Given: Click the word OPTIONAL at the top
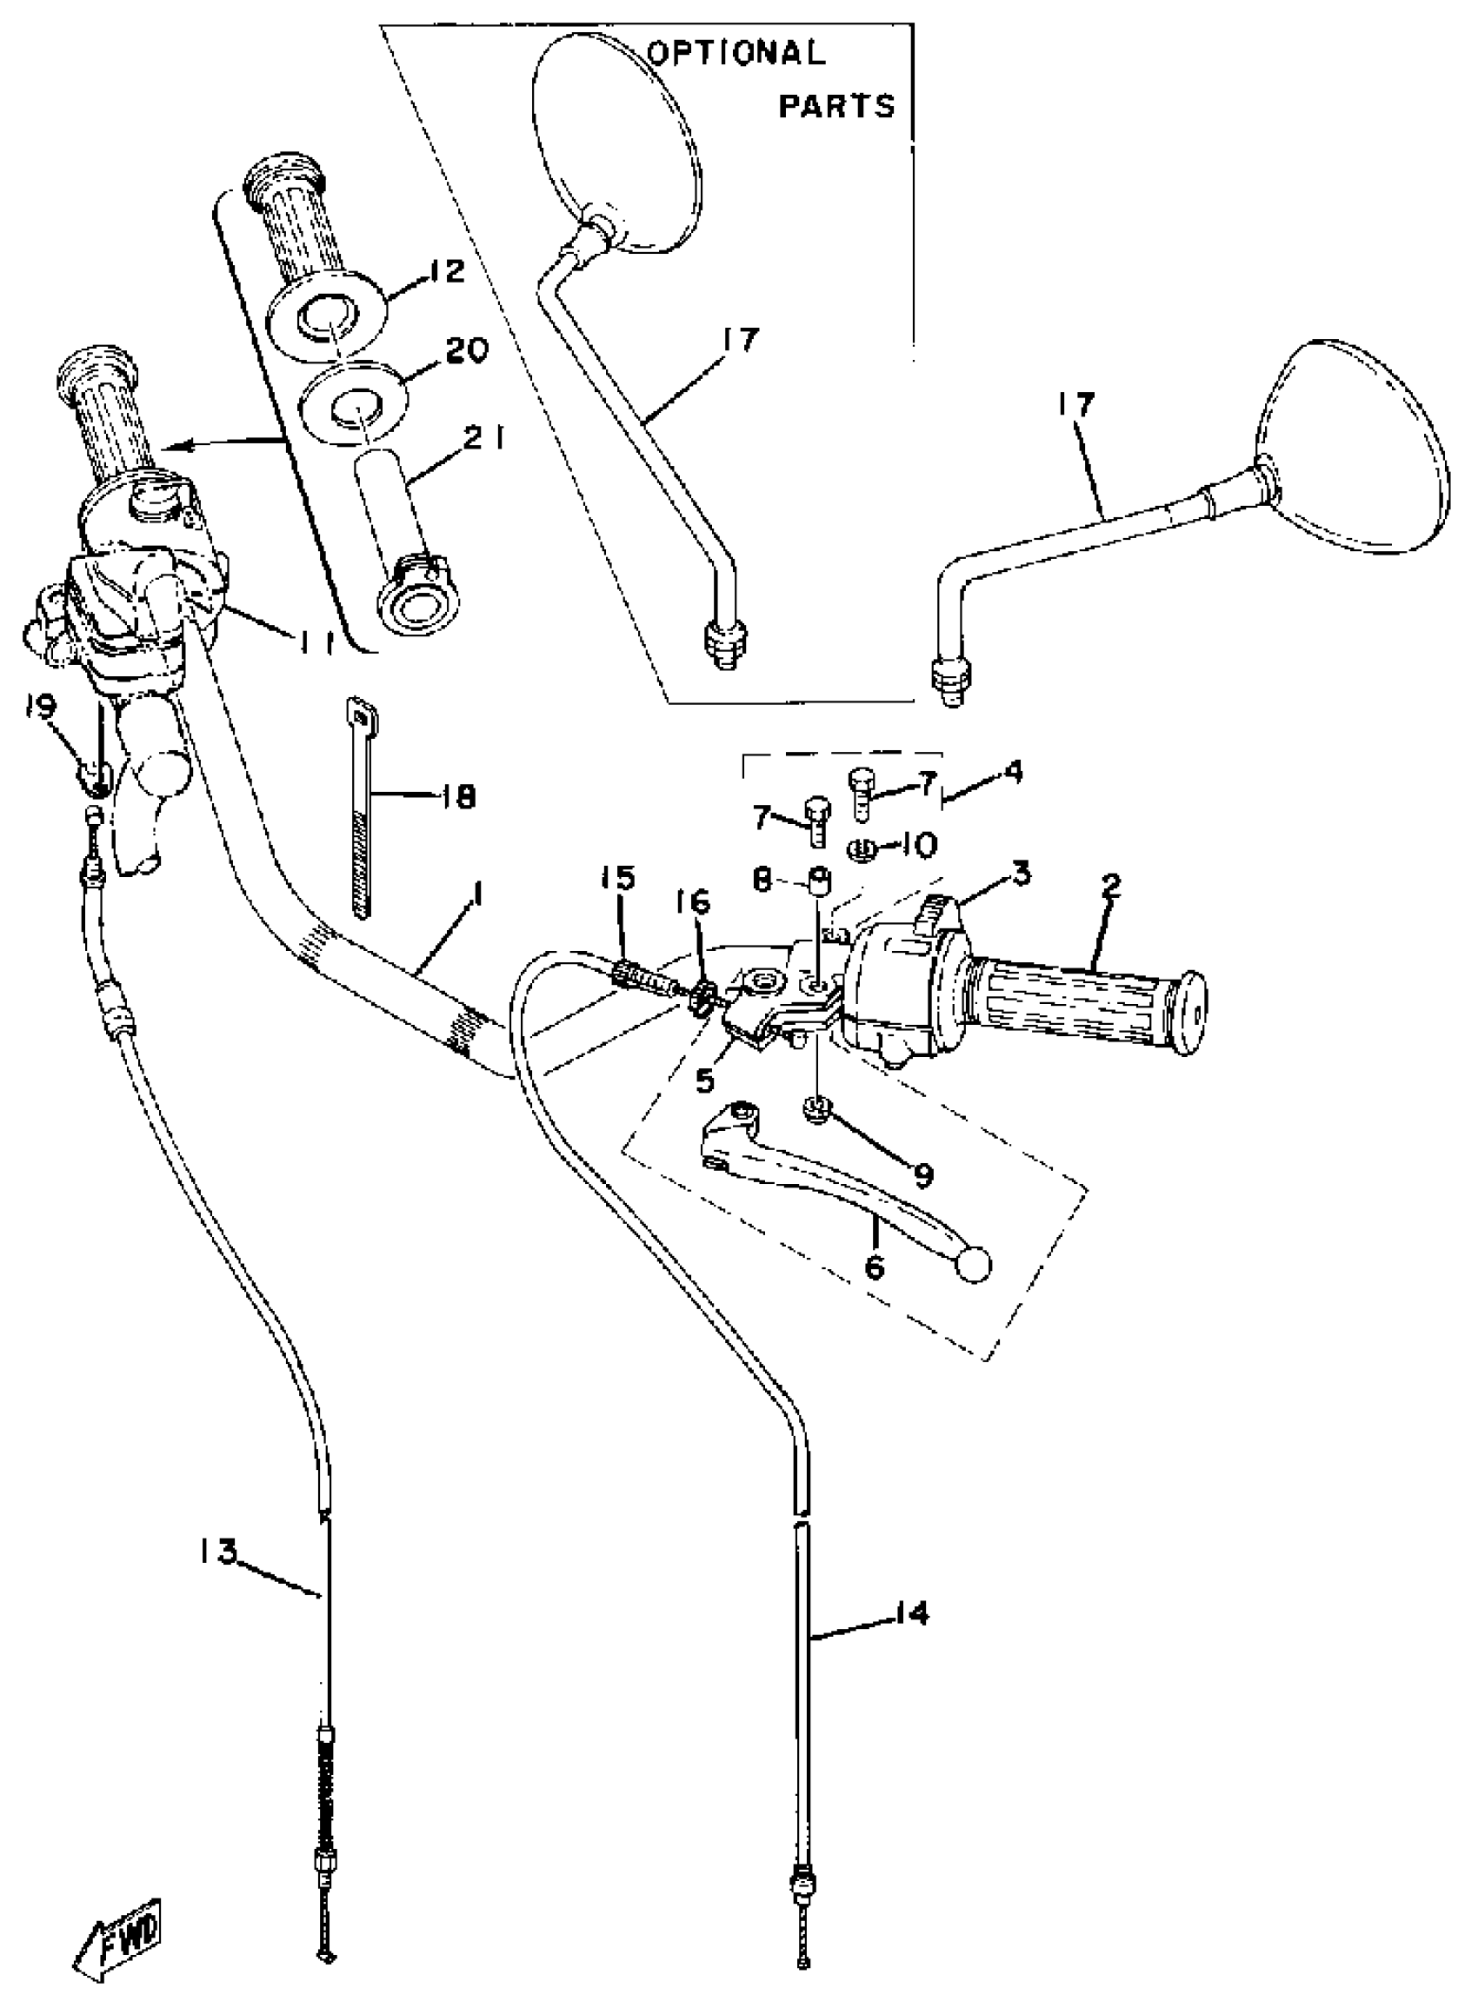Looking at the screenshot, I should pyautogui.click(x=736, y=53).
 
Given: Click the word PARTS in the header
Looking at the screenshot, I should pyautogui.click(x=836, y=106).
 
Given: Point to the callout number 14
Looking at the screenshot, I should pyautogui.click(x=911, y=1613).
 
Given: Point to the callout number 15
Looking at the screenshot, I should pyautogui.click(x=617, y=878).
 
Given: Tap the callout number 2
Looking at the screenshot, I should pyautogui.click(x=1110, y=887).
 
